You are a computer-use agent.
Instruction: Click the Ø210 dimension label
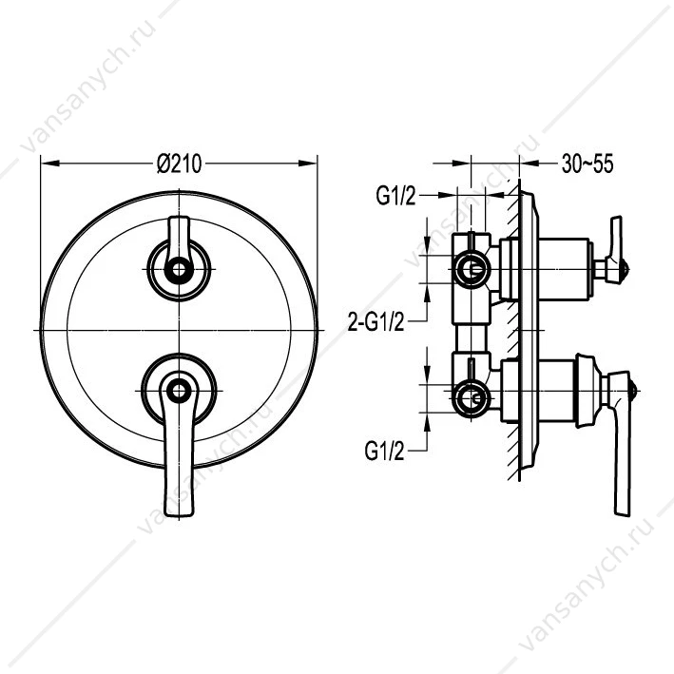coord(180,164)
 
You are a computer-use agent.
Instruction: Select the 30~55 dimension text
coord(587,164)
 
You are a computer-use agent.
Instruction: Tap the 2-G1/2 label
coord(376,321)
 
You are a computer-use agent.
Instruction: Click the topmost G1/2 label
coord(395,197)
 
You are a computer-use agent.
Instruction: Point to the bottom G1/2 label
coord(385,452)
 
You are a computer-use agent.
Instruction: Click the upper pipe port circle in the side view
coord(472,270)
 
